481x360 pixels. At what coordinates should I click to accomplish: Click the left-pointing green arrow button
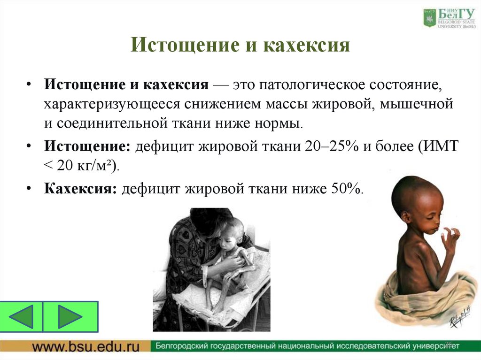[22, 316]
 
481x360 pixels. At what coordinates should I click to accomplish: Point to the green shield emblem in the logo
[430, 18]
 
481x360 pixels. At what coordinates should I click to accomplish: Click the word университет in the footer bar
[428, 347]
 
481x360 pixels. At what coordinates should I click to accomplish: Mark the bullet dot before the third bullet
[30, 189]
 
